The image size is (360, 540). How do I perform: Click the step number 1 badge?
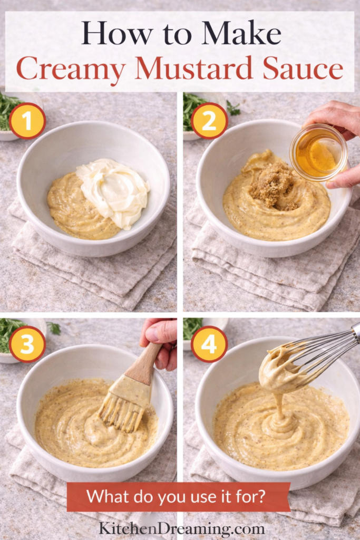click(x=27, y=121)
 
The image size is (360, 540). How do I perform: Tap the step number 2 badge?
click(x=209, y=121)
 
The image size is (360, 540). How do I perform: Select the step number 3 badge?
click(x=27, y=344)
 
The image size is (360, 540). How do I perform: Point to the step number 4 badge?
click(x=209, y=344)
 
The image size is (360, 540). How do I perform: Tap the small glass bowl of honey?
click(x=318, y=152)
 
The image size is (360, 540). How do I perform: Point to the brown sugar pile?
click(x=272, y=186)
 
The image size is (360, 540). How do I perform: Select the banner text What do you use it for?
click(x=178, y=496)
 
